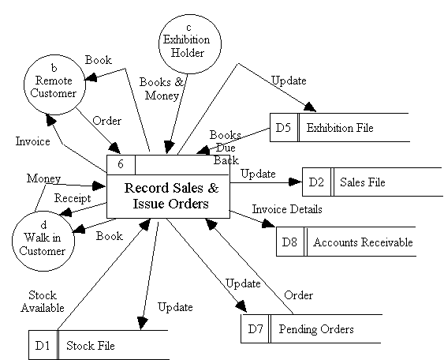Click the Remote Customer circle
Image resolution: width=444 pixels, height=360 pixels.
pos(52,83)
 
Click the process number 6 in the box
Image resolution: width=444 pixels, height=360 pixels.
pos(121,165)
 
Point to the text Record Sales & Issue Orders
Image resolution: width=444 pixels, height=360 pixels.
pos(170,195)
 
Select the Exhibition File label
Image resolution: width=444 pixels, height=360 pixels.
pos(340,127)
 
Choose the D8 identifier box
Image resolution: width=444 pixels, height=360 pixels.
pos(289,242)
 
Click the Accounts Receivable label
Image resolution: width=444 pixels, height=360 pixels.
pos(363,242)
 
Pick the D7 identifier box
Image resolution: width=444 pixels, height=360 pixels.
pos(255,328)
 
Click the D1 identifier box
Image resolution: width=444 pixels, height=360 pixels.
pos(42,344)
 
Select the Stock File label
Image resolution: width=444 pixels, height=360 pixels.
pos(90,344)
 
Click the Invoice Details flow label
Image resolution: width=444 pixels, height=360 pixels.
pos(287,209)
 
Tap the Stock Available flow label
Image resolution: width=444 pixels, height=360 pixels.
pos(43,302)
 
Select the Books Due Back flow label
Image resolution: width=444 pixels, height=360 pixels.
pos(226,147)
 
